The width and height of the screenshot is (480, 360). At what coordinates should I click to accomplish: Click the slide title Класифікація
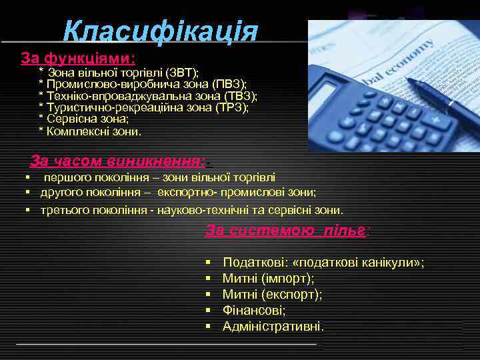160,31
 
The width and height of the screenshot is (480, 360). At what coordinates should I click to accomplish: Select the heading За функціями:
78,57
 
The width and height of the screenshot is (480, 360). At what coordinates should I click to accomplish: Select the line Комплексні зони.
94,131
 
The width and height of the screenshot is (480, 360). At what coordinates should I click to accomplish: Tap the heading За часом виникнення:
117,161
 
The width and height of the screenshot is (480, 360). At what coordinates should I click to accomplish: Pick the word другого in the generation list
62,193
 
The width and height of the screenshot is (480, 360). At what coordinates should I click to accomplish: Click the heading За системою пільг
286,231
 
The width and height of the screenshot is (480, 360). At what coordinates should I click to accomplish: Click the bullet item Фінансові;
254,311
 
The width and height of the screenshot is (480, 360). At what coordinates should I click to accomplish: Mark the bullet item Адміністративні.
273,327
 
